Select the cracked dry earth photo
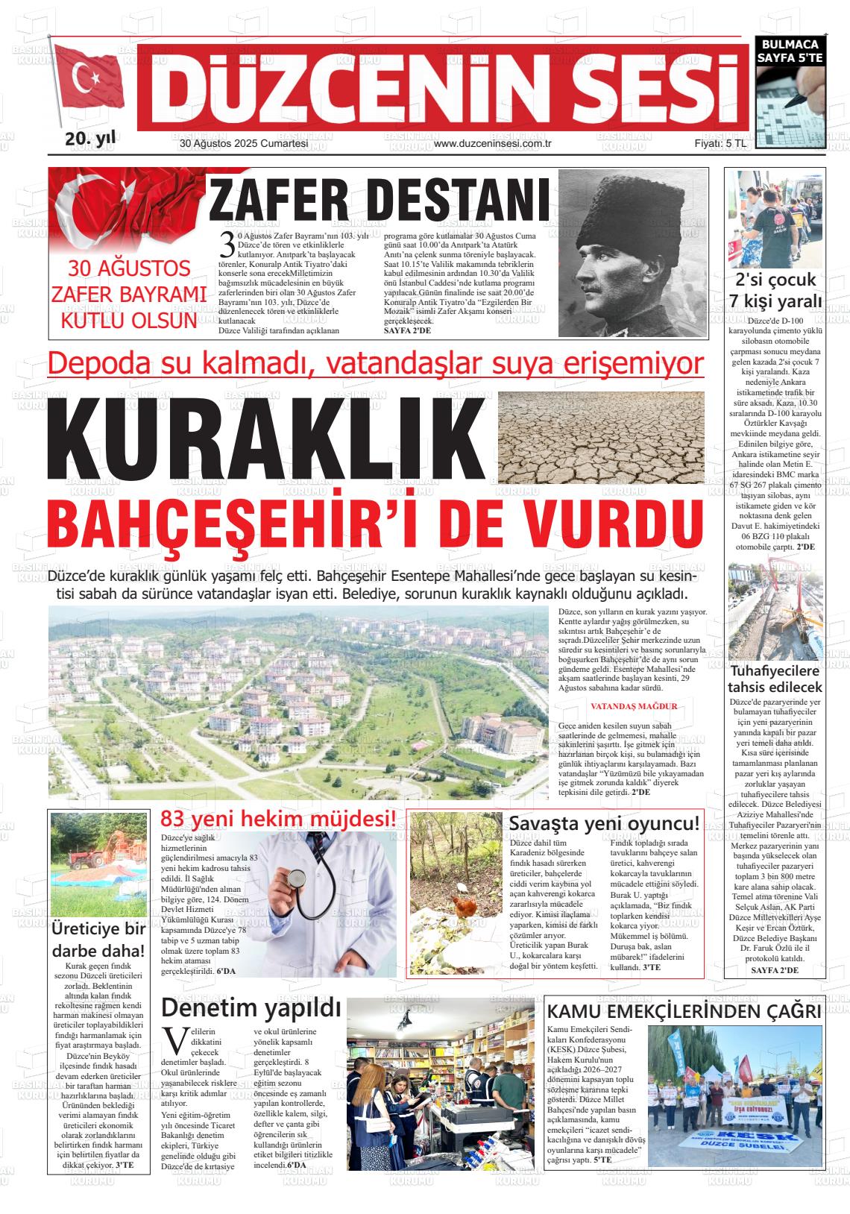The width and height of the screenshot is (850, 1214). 599,438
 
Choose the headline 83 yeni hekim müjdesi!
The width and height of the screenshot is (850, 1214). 278,819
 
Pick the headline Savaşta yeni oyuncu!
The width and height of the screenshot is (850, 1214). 604,824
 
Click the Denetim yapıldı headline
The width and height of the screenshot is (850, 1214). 251,1008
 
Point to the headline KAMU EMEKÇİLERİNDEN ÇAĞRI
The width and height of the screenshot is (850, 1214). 684,1012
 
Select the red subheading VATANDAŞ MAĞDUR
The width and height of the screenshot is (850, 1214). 633,706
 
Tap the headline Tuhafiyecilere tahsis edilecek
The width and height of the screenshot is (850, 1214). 775,679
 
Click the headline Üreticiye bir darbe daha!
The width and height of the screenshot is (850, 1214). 98,940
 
